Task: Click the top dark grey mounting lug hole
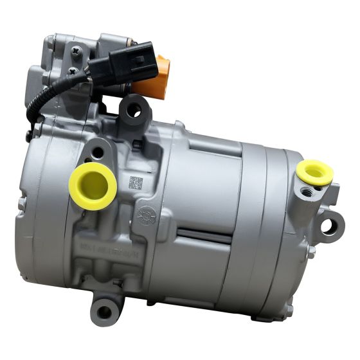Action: (134, 110)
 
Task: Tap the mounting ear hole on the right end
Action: (329, 226)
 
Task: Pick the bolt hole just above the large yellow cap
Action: (98, 153)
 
